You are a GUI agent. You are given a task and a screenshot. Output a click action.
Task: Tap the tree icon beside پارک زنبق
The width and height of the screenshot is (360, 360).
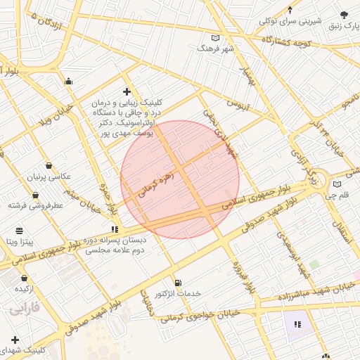[344, 15]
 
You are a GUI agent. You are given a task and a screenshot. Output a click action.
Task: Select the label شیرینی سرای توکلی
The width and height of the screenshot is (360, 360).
[290, 20]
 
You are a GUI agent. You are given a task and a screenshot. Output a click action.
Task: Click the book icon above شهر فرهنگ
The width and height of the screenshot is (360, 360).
[215, 38]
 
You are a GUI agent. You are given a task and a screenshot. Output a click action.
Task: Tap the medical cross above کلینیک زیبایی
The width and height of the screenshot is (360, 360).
[127, 91]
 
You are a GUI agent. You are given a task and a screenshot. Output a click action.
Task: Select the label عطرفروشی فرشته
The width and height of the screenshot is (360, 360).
[36, 205]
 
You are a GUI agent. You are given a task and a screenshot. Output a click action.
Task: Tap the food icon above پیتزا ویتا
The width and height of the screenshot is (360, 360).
[18, 231]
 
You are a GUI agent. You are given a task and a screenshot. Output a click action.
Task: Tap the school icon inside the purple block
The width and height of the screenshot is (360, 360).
[297, 324]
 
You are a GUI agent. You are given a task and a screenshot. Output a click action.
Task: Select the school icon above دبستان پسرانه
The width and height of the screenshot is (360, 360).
[115, 229]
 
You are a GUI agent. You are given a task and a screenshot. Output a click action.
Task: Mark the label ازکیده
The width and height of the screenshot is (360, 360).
[26, 288]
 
